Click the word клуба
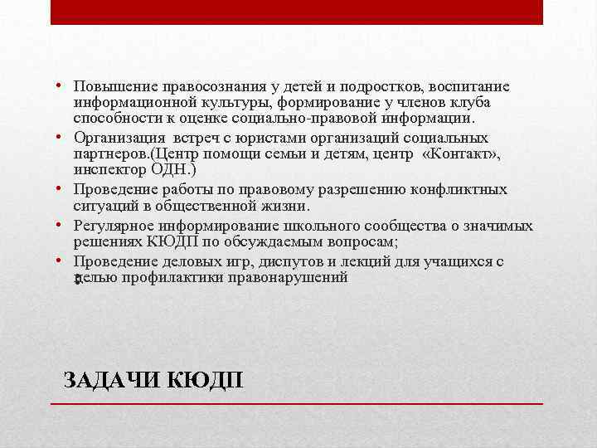471,103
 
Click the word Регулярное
113,226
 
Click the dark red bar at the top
297,12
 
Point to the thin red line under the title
297,403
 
